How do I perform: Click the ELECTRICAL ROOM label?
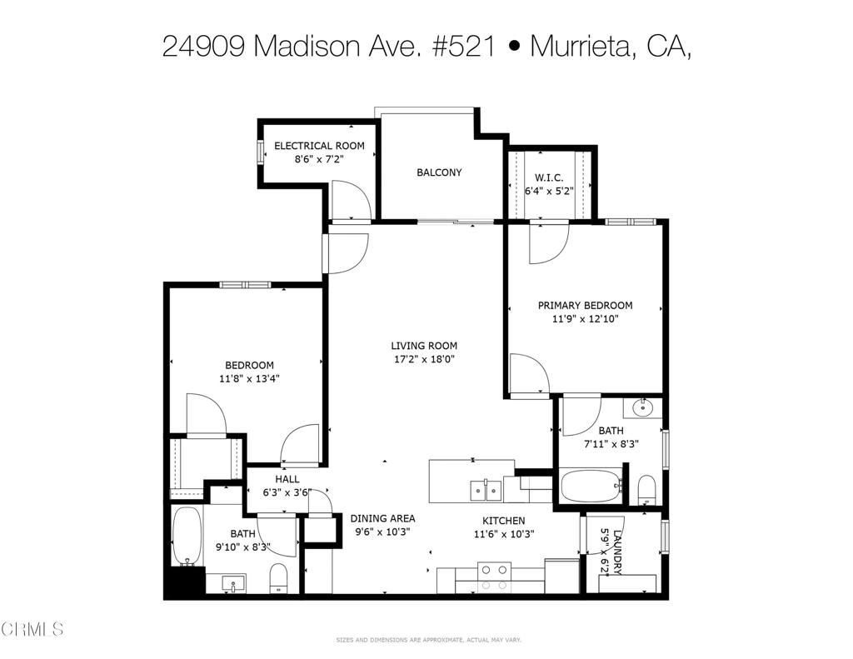(319, 146)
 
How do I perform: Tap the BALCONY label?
(439, 172)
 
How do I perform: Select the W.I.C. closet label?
(549, 178)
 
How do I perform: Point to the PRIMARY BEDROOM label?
(586, 305)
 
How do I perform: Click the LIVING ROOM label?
(424, 346)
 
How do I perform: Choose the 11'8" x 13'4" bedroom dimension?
(249, 379)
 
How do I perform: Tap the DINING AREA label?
(382, 518)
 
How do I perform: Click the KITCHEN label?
(504, 521)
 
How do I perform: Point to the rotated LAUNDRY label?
(617, 552)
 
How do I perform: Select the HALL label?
(287, 479)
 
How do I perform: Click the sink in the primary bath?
(644, 407)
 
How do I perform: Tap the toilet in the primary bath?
(646, 490)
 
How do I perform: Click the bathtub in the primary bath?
(591, 486)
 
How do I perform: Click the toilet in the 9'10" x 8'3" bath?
(278, 578)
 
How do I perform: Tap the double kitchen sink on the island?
(486, 491)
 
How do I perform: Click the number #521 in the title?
(464, 47)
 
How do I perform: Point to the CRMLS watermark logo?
(32, 630)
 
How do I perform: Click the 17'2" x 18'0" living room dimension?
(424, 359)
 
